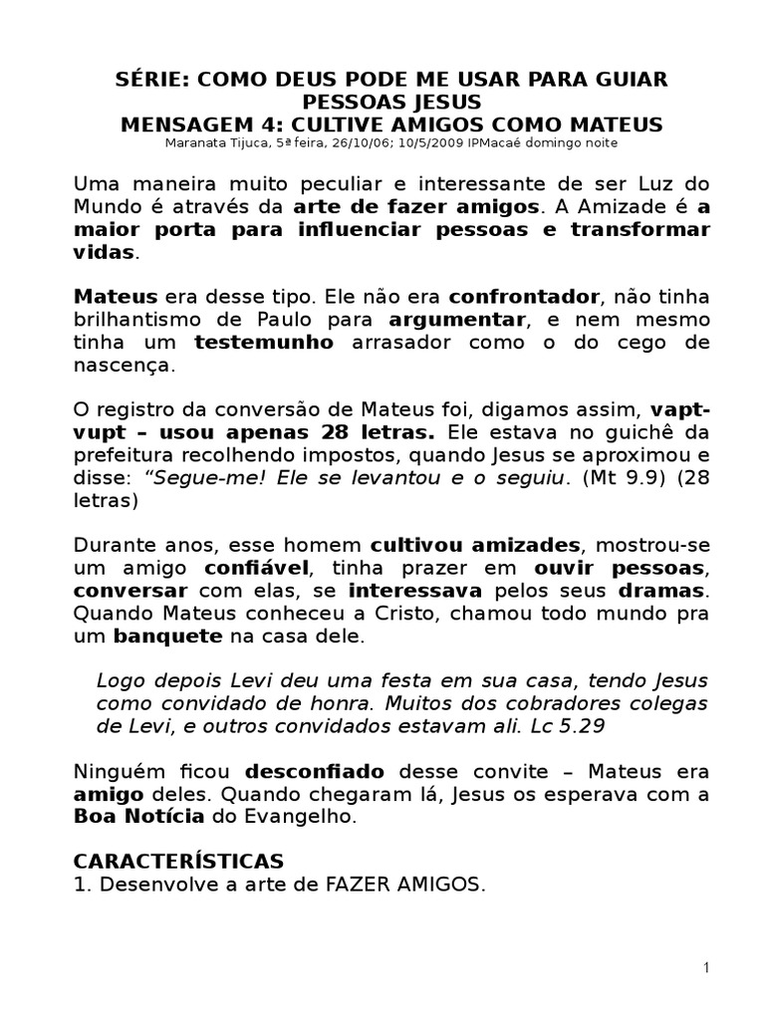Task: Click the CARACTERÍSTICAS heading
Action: (179, 861)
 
